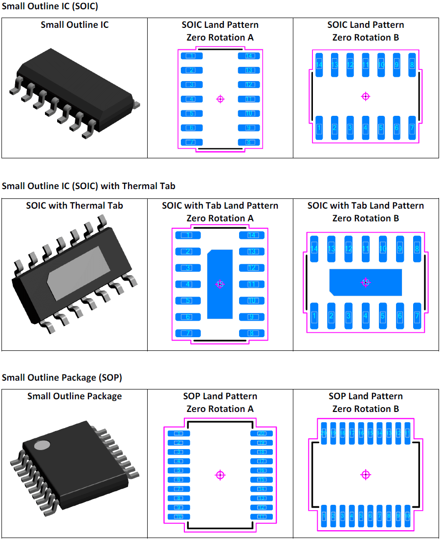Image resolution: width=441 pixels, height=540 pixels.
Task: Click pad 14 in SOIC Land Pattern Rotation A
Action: (x=249, y=56)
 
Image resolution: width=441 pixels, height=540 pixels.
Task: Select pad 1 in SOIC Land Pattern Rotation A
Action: (x=192, y=56)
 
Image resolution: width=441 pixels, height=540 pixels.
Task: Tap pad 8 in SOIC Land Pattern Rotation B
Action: (x=412, y=64)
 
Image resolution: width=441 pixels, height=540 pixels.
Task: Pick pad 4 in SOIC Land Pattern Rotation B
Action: (x=365, y=128)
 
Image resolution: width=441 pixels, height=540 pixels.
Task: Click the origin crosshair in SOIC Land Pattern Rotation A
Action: (x=220, y=99)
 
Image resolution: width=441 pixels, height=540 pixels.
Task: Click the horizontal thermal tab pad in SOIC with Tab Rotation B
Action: (x=365, y=282)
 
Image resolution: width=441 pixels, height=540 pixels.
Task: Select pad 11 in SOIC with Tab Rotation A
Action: (x=252, y=284)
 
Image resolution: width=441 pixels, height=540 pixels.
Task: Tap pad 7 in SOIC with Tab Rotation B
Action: (x=417, y=316)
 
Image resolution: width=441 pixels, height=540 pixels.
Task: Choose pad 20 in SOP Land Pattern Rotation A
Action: (x=261, y=433)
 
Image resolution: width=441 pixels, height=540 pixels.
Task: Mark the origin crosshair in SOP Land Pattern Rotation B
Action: (x=365, y=475)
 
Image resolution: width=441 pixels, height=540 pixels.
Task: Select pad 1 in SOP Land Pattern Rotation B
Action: (x=324, y=516)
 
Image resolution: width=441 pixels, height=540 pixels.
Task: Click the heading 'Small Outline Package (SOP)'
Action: (x=62, y=378)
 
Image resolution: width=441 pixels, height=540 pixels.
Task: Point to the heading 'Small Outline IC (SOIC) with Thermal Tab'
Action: (x=88, y=186)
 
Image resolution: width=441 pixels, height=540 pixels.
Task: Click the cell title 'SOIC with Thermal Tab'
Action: (x=74, y=206)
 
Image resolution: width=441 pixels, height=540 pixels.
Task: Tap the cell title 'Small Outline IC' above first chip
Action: (x=74, y=25)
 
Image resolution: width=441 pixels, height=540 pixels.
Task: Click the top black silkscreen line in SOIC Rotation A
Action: (x=220, y=49)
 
